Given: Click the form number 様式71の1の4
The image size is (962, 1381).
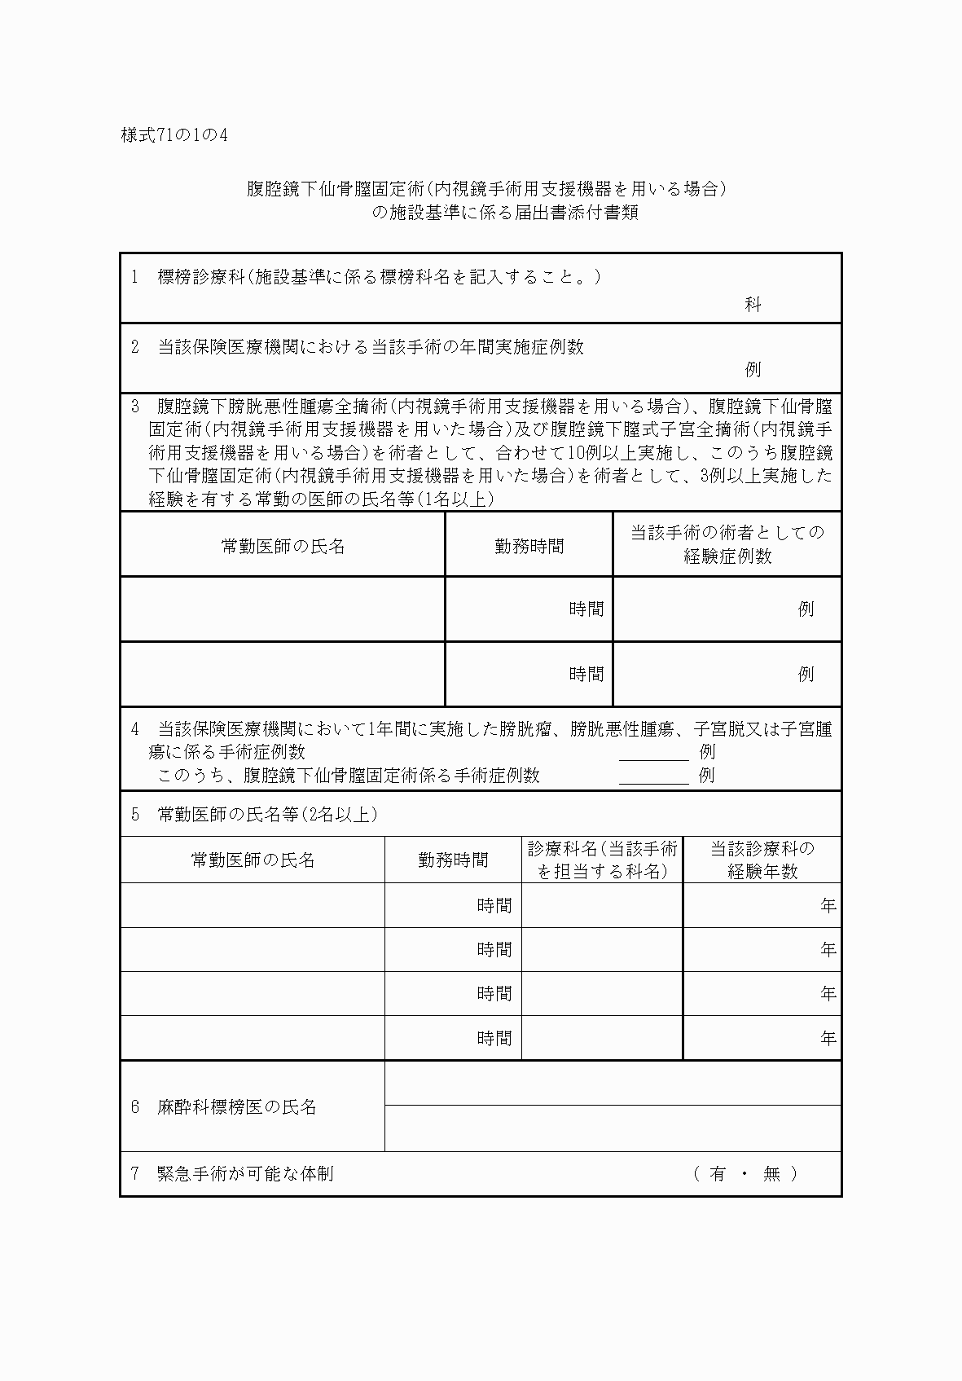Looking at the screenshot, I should click(174, 135).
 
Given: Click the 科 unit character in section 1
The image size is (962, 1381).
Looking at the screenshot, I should click(752, 305).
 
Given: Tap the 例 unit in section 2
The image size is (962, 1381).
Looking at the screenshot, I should click(752, 369).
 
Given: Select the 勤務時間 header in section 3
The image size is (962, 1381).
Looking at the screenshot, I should click(529, 546).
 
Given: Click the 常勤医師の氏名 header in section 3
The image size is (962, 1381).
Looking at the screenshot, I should click(283, 546).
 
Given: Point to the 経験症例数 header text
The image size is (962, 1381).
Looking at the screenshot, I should click(727, 556).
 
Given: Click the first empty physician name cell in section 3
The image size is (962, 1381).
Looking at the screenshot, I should click(283, 609).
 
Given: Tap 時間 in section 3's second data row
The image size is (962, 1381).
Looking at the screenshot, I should click(586, 674).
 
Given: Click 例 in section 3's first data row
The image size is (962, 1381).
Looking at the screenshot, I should click(806, 609).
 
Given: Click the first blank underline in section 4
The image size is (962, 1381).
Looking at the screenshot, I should click(653, 754).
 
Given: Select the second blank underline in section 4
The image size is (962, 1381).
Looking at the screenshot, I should click(653, 776).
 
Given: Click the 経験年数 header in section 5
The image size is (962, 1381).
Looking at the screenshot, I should click(762, 871).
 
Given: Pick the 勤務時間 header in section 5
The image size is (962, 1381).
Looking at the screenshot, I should click(453, 860).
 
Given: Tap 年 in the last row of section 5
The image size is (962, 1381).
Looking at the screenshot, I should click(828, 1039).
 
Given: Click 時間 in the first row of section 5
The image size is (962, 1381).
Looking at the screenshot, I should click(494, 905).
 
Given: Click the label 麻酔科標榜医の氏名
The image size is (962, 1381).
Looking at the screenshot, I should click(236, 1107).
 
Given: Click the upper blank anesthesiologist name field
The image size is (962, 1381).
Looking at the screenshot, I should click(613, 1084).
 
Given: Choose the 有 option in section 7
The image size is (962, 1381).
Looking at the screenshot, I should click(717, 1174).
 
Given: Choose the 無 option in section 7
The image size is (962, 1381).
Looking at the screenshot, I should click(771, 1174).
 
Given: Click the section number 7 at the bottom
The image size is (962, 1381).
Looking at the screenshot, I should click(135, 1174).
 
